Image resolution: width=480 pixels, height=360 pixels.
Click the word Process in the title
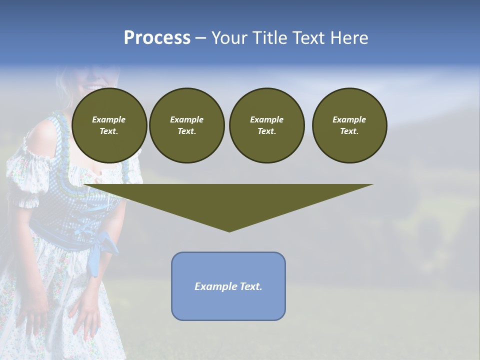tap(157, 38)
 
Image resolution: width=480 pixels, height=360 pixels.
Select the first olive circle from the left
tap(109, 125)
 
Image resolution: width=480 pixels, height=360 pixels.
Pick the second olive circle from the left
tap(186, 125)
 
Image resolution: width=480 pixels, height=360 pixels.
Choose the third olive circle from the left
tap(266, 125)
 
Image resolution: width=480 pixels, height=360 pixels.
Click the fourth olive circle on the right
tap(349, 125)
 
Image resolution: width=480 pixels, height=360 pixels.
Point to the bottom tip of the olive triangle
tap(229, 230)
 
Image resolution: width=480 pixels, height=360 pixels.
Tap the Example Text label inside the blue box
tap(228, 286)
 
